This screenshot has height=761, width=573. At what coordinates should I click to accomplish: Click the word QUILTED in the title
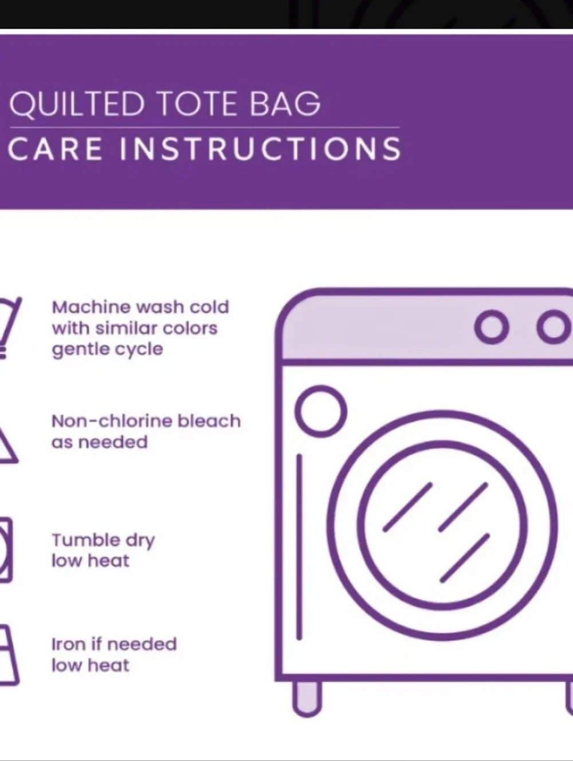click(76, 104)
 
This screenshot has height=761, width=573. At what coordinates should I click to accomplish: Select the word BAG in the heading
click(285, 103)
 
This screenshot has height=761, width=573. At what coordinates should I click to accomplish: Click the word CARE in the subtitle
click(55, 148)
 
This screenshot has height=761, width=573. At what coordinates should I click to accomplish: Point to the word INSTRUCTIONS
click(261, 148)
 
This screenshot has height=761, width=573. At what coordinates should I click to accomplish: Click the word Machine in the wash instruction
click(91, 307)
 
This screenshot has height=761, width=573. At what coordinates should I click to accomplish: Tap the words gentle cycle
click(107, 349)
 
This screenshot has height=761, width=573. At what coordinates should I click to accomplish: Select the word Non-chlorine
click(112, 421)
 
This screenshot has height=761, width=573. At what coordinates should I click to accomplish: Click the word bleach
click(209, 421)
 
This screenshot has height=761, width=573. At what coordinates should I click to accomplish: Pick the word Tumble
click(86, 540)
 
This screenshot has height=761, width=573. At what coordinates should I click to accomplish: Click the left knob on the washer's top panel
click(492, 328)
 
